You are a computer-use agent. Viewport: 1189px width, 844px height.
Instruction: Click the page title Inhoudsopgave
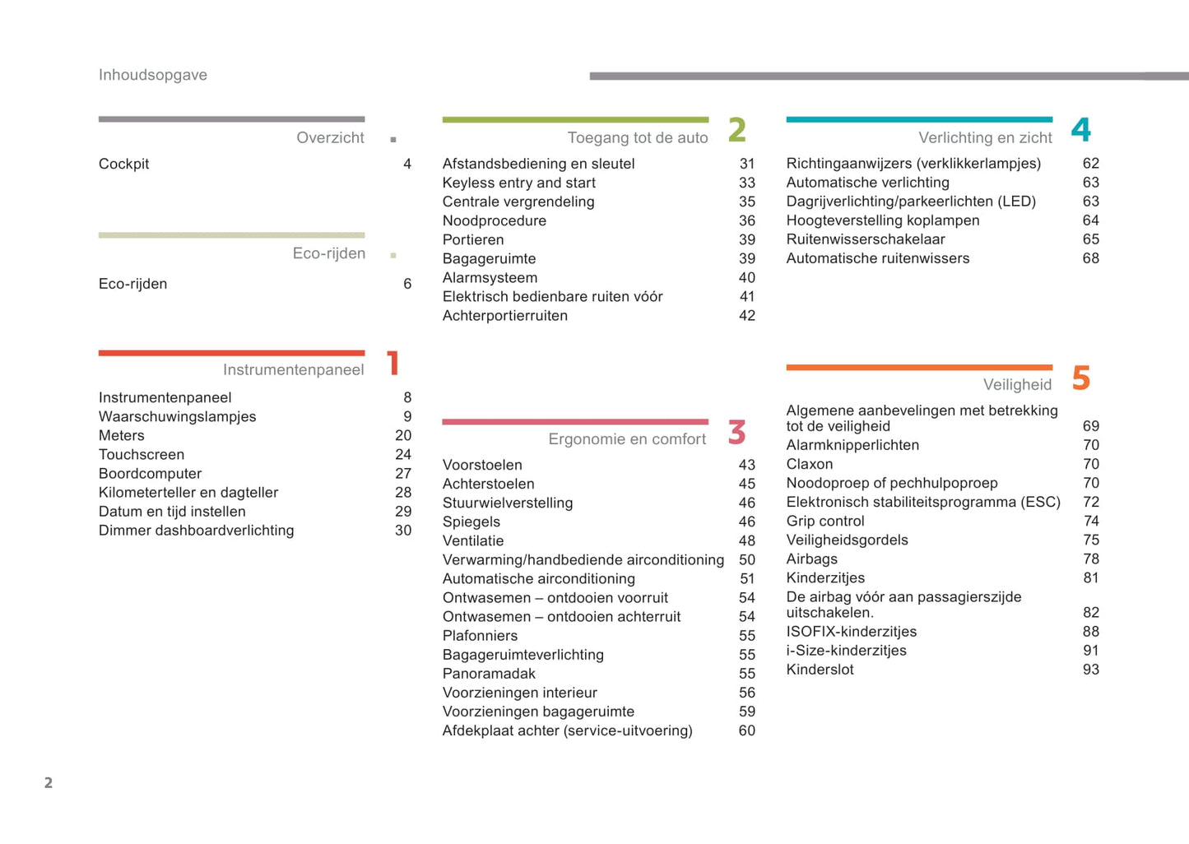(153, 75)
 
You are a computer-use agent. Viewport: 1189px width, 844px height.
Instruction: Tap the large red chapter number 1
(393, 363)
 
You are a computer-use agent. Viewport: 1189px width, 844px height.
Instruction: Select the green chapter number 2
(736, 130)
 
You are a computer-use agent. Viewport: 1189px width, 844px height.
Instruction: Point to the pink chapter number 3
(736, 432)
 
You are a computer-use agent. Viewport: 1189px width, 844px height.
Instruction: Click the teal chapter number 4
(1080, 130)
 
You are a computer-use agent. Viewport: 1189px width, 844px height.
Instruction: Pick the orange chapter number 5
(1080, 378)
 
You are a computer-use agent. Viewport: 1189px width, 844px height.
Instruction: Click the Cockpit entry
(123, 164)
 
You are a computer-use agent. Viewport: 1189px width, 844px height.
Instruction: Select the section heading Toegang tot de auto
(637, 138)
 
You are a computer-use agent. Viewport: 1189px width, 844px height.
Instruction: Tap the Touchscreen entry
(142, 455)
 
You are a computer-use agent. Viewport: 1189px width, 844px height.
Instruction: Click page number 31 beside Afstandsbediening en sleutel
(746, 164)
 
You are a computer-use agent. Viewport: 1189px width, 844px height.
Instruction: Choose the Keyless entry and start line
(518, 183)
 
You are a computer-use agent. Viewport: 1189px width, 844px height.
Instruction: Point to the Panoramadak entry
(489, 674)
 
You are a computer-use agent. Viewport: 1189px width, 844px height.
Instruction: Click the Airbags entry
(811, 559)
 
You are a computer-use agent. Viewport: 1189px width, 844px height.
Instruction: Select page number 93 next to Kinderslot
(1090, 670)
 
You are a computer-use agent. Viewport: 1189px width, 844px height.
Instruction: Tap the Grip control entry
(825, 522)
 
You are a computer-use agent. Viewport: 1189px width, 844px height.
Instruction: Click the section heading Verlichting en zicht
(985, 138)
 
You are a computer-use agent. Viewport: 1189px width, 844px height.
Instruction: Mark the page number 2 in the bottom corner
(49, 783)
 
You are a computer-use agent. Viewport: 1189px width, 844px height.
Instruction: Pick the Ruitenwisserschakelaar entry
(866, 239)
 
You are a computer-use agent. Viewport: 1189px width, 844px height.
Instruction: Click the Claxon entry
(810, 465)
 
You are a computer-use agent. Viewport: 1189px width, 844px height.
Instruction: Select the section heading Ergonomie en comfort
(627, 439)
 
